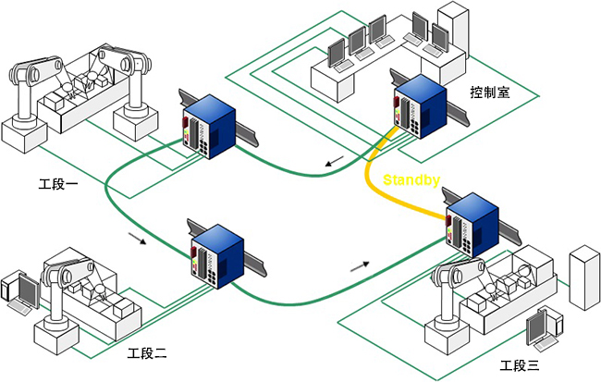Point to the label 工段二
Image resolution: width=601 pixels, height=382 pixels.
147,353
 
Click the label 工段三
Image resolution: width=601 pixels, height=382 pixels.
518,365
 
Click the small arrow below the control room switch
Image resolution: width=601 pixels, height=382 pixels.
335,165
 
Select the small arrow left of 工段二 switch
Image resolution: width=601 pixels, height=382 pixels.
137,240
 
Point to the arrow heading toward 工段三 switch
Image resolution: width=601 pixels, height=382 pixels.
362,265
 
